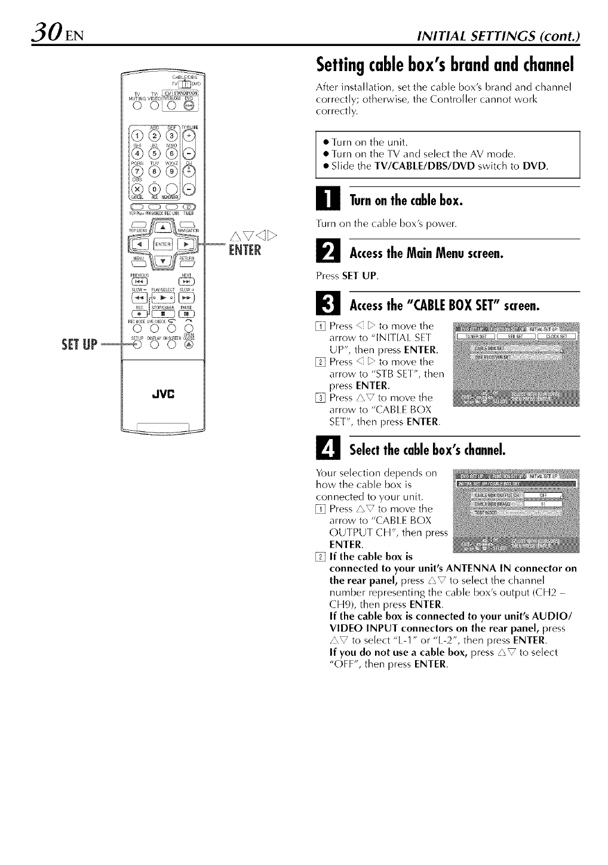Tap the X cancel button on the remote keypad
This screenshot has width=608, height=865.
[x=136, y=192]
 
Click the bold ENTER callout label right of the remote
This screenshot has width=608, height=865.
[x=244, y=250]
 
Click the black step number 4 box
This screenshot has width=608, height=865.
[x=328, y=449]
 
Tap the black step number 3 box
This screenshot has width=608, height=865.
[x=328, y=305]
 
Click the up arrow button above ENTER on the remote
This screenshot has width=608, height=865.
[x=162, y=227]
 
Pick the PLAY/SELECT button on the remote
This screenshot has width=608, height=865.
[x=162, y=297]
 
